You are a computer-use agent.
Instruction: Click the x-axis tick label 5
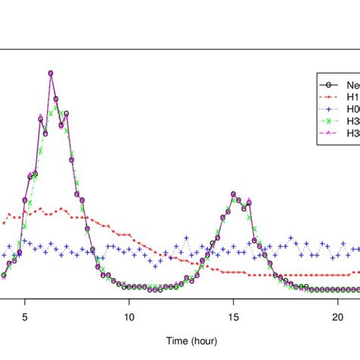pos(25,318)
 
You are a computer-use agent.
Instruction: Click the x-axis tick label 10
pos(129,318)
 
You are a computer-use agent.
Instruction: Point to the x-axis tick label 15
pos(233,318)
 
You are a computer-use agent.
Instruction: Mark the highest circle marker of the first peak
pos(50,73)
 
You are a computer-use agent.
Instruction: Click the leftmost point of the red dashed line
pos(4,223)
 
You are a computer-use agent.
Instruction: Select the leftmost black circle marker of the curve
pos(4,276)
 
